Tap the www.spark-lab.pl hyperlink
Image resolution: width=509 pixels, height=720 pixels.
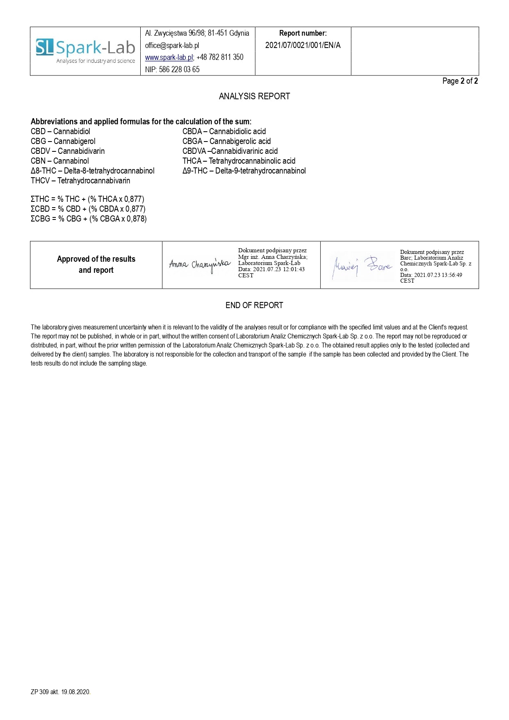169,57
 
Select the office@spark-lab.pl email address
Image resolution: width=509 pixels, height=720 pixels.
172,46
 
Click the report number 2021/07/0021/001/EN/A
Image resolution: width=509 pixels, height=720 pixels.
303,45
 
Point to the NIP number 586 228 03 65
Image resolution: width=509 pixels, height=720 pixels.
172,69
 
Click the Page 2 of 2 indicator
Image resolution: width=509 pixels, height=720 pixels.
460,81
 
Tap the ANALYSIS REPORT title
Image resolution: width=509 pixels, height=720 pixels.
254,96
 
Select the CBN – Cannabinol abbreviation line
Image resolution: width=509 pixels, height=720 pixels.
60,161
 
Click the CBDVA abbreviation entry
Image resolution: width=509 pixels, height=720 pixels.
230,151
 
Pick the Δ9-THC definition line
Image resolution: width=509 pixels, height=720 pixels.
244,171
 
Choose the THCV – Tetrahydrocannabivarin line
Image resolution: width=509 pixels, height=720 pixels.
80,181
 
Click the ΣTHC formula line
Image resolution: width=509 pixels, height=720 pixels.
87,199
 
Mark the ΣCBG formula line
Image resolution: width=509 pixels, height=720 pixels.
89,219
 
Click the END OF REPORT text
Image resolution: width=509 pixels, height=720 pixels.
254,305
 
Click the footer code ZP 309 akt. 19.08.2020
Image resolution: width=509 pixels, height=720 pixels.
60,692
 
